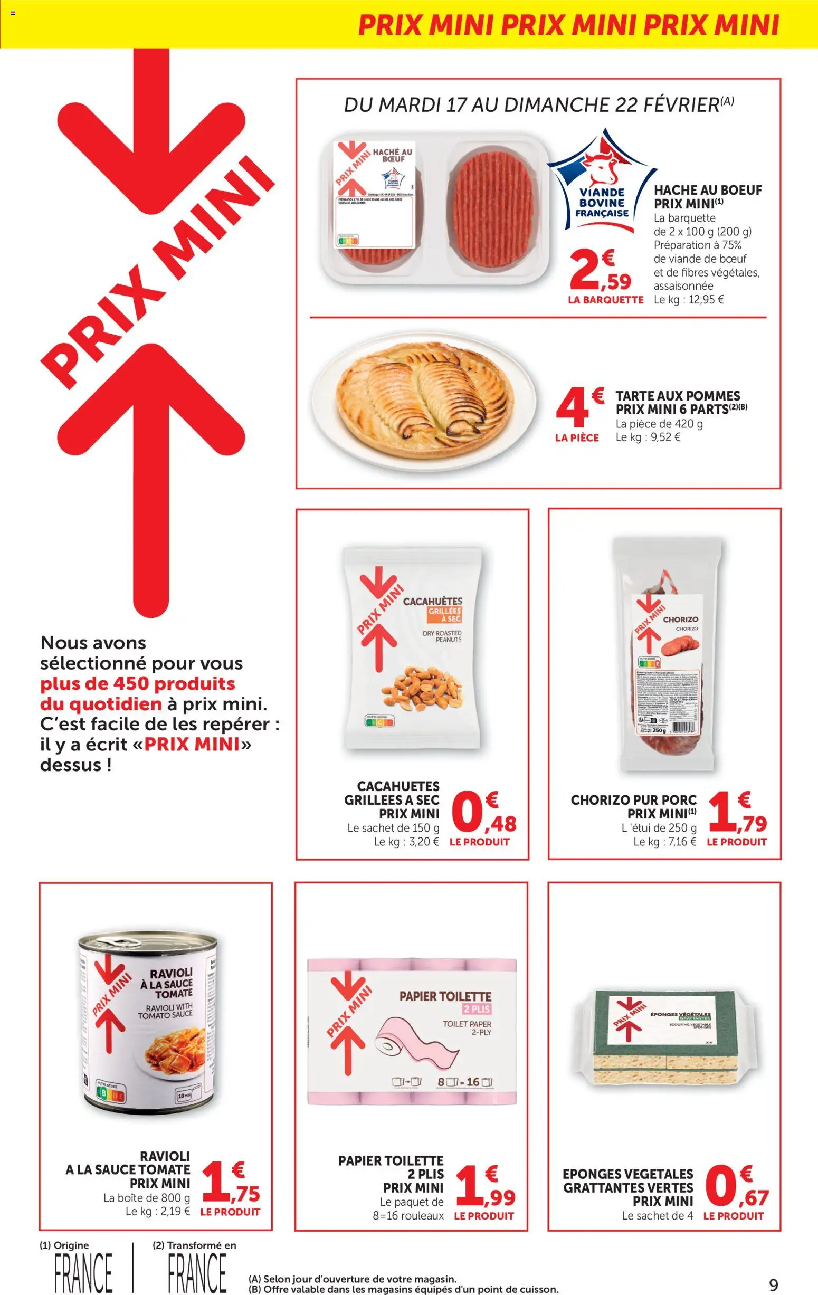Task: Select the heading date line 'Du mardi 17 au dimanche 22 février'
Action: [x=538, y=105]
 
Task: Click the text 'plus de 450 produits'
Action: [x=138, y=683]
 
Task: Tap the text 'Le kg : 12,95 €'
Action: [x=688, y=300]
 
